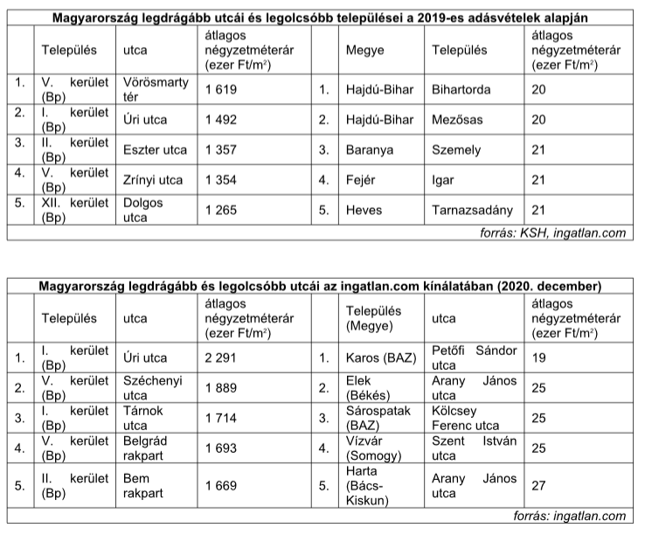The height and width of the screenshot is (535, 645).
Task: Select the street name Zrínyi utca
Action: point(153,180)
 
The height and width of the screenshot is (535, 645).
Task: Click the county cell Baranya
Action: point(370,150)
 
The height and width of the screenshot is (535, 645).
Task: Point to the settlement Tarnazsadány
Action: point(473,211)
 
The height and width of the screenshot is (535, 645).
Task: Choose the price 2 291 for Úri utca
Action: point(221,357)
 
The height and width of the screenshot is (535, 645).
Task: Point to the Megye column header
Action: point(364,51)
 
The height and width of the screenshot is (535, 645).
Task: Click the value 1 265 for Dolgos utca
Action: point(221,211)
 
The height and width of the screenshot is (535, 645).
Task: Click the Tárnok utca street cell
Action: point(143,417)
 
